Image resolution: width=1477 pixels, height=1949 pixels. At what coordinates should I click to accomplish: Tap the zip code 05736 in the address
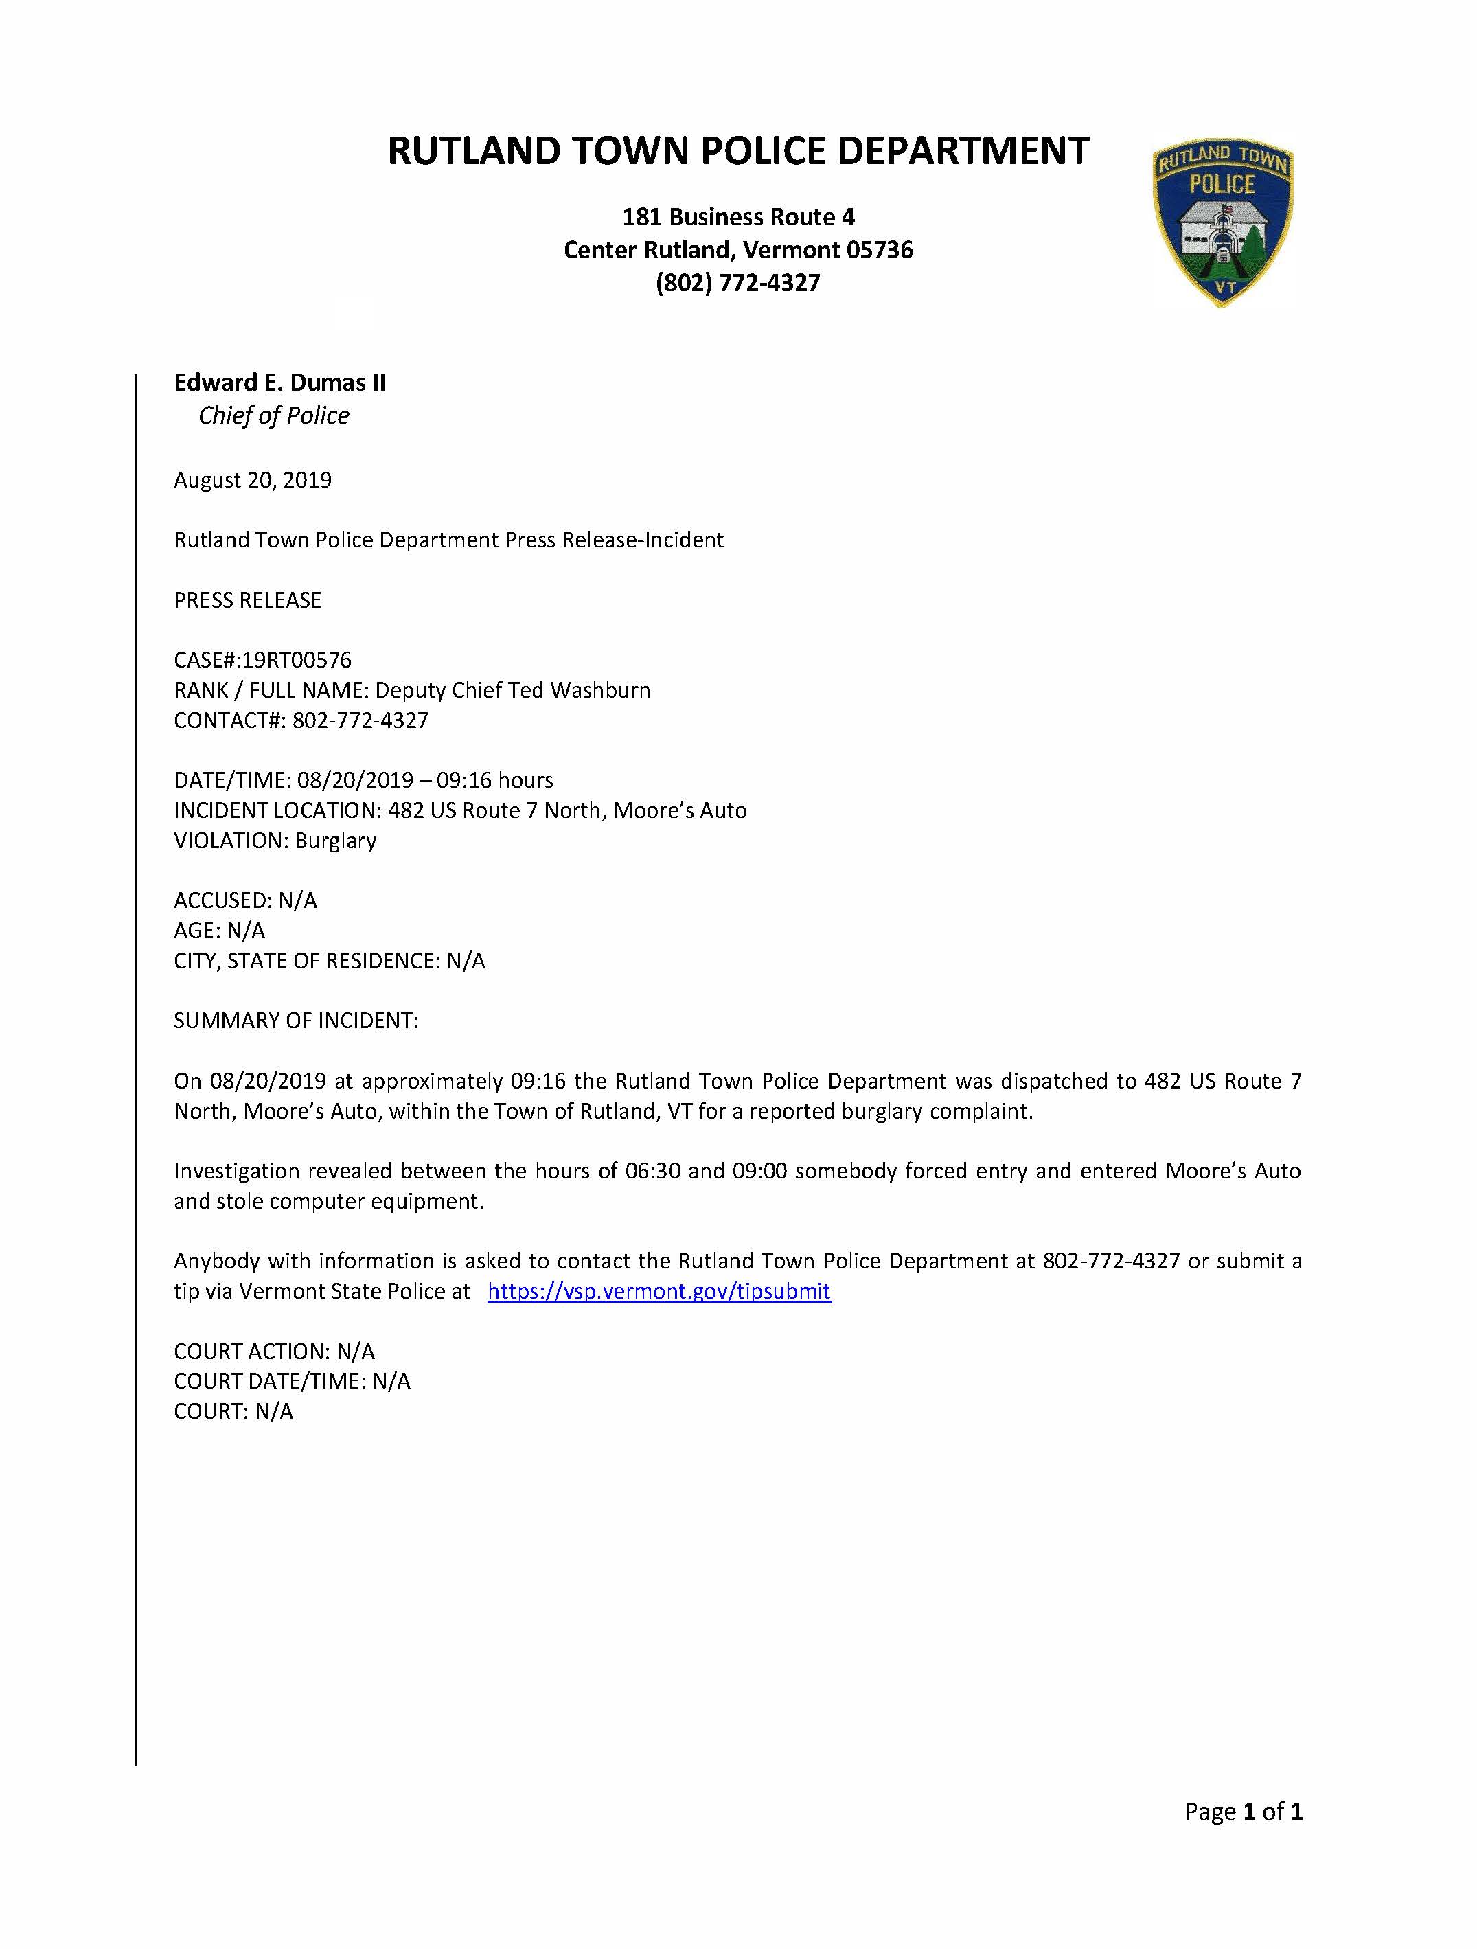tap(879, 250)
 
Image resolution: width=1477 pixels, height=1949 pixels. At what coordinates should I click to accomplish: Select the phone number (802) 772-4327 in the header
tap(738, 283)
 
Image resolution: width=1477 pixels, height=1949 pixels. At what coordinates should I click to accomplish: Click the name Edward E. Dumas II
tap(279, 383)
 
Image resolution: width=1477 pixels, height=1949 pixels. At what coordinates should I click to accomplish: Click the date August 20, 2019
tap(253, 480)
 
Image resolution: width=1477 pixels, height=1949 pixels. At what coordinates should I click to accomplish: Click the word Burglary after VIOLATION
tap(336, 841)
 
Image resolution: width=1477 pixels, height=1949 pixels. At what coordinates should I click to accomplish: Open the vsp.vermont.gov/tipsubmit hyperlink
tap(659, 1291)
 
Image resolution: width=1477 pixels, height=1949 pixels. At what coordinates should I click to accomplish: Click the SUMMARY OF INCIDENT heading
tap(296, 1021)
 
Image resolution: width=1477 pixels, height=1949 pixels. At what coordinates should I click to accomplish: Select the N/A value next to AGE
tap(246, 931)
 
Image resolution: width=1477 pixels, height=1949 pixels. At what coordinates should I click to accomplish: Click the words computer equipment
tap(376, 1201)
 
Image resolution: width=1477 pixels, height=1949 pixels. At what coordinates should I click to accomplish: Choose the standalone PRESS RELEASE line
tap(247, 600)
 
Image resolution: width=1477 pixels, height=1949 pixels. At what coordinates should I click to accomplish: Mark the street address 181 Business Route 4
tap(738, 217)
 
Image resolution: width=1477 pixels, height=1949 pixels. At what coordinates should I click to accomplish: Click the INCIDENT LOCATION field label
tap(275, 810)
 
